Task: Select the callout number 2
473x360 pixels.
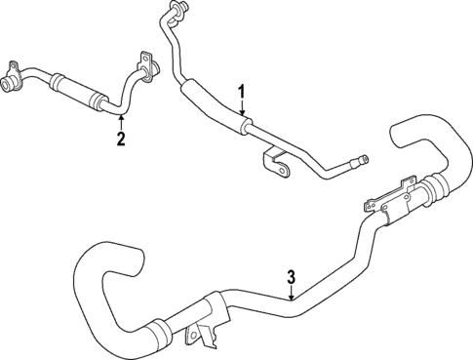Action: click(121, 139)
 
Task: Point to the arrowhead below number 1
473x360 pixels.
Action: click(242, 118)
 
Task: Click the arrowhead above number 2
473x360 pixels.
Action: click(121, 117)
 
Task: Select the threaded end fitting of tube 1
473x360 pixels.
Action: click(362, 159)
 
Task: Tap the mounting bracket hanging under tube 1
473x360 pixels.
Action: click(279, 169)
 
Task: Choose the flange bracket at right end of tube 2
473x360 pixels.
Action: click(146, 66)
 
